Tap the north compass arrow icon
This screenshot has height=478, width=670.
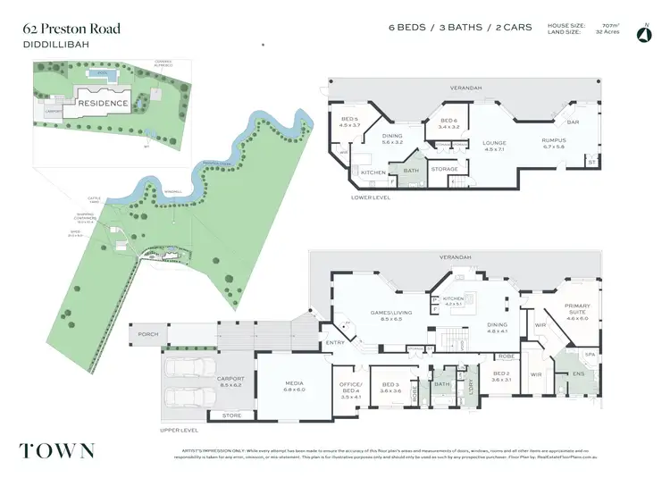point(642,35)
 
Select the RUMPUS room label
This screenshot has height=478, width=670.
point(554,139)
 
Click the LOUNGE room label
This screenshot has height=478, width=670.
point(494,142)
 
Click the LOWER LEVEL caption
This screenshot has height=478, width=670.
point(371,197)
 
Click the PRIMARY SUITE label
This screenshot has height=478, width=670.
point(576,308)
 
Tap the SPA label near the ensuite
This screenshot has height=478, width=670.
point(590,354)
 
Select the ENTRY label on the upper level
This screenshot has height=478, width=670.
point(335,341)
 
